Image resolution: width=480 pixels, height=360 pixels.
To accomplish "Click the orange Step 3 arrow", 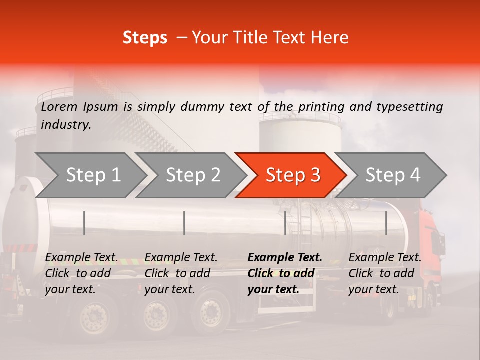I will [x=292, y=175].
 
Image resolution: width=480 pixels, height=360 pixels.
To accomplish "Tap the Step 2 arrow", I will [x=193, y=175].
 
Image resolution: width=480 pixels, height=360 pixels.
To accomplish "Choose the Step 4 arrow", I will [x=393, y=175].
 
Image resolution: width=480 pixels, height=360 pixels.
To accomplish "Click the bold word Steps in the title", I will [x=145, y=38].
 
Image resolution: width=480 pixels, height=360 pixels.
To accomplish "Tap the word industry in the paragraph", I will [x=66, y=124].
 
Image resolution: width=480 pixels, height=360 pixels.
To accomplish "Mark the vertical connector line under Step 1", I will [x=84, y=223].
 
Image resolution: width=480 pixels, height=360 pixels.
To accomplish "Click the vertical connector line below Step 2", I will [x=184, y=223].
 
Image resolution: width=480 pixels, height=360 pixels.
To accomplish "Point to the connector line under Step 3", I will [x=285, y=223].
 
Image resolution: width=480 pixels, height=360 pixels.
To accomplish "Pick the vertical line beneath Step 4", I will [x=386, y=223].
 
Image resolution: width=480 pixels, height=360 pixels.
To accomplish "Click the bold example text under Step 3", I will [x=285, y=273].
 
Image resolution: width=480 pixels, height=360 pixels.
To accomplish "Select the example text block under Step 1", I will [x=81, y=273].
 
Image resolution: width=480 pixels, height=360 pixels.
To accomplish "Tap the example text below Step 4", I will [x=385, y=273].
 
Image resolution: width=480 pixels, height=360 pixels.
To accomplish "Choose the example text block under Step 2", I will [x=181, y=273].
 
